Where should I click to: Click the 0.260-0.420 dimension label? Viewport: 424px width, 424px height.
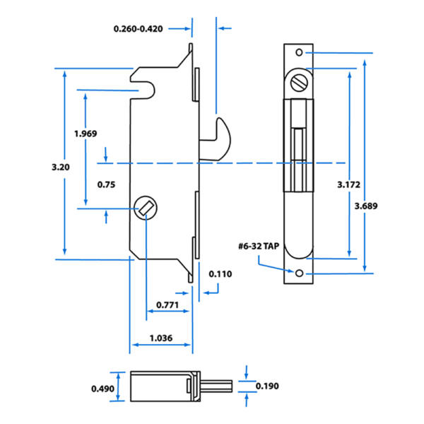[x=147, y=29]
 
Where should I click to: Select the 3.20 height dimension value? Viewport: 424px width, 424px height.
[x=61, y=167]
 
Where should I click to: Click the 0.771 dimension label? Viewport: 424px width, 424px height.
[x=167, y=305]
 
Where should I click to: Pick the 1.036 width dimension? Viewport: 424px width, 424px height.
[x=162, y=338]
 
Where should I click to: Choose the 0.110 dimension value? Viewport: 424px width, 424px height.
[x=220, y=274]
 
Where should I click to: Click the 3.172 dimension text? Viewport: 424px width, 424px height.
[x=349, y=184]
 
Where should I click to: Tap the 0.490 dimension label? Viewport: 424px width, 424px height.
[x=102, y=388]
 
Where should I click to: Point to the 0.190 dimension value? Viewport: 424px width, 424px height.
[x=266, y=386]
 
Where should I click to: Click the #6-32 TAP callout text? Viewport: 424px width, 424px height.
[x=259, y=247]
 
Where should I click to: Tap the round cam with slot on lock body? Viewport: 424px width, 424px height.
[x=144, y=208]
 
